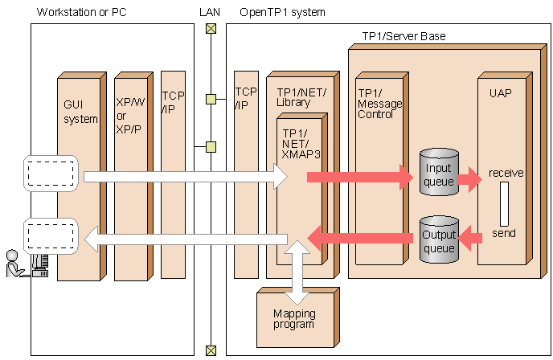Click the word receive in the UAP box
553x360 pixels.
[x=506, y=173]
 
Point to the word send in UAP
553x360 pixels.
[x=504, y=233]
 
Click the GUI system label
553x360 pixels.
[x=80, y=112]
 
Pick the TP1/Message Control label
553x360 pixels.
[x=379, y=104]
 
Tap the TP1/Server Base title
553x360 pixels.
[x=403, y=36]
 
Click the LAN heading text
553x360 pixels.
[x=210, y=12]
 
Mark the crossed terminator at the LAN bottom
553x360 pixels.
[x=211, y=350]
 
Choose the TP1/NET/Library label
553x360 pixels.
[x=301, y=97]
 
